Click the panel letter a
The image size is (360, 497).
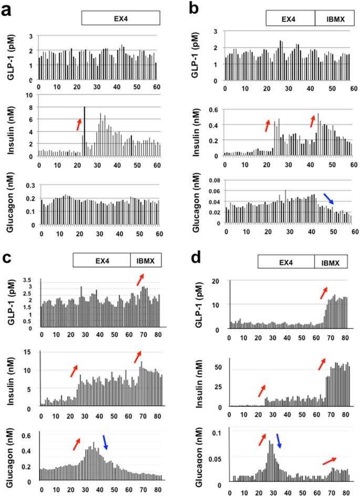point(9,9)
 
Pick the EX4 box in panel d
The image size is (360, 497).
point(285,262)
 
